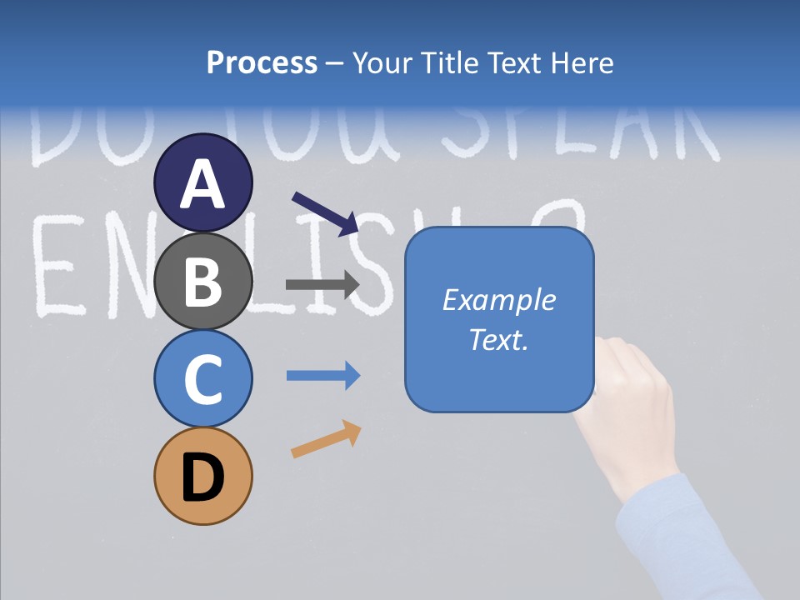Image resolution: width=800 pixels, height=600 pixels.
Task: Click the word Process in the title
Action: [x=262, y=62]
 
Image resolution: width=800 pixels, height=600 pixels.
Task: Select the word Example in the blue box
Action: [x=498, y=300]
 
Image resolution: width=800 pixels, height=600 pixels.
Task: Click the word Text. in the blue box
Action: [x=498, y=339]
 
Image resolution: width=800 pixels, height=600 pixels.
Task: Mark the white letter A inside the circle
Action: [x=203, y=185]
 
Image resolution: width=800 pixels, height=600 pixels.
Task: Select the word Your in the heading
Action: [x=382, y=62]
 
